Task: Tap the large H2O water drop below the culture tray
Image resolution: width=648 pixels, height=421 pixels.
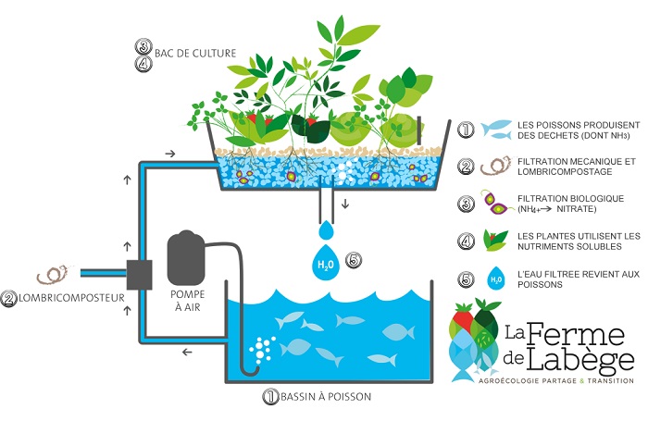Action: pyautogui.click(x=325, y=263)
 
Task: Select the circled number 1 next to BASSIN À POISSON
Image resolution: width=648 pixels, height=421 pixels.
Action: pyautogui.click(x=270, y=397)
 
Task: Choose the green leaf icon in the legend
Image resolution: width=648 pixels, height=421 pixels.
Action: pyautogui.click(x=497, y=241)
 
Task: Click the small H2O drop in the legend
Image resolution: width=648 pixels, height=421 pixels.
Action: pyautogui.click(x=497, y=277)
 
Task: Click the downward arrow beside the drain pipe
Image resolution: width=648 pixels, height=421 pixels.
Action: pyautogui.click(x=347, y=203)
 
